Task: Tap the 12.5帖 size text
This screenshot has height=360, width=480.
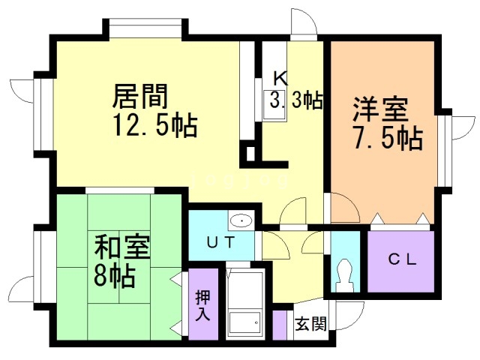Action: click(x=156, y=124)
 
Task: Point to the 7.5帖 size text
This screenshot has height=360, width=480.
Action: click(x=387, y=138)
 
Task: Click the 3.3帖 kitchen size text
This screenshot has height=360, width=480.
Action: click(x=297, y=100)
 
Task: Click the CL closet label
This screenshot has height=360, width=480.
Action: click(x=400, y=261)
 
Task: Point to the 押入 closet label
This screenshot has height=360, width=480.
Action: click(x=202, y=304)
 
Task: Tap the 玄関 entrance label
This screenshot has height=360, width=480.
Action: click(x=310, y=324)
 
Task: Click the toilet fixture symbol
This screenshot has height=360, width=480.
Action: click(x=345, y=274)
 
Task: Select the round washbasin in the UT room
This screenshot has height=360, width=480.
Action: click(x=241, y=221)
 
